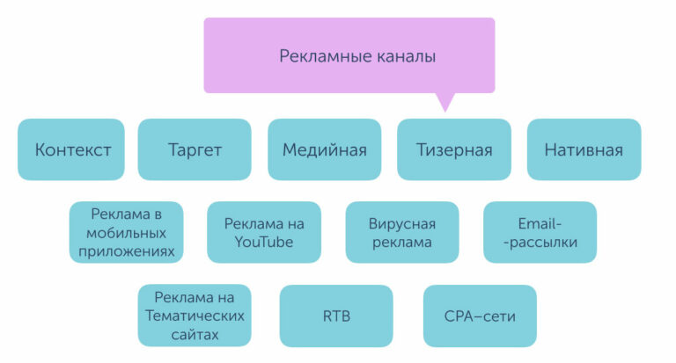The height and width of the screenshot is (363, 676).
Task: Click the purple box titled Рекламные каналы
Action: point(349,55)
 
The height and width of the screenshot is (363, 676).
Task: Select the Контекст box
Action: point(72,149)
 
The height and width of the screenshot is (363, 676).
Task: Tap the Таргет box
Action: point(195,149)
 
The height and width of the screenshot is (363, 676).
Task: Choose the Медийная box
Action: point(324,149)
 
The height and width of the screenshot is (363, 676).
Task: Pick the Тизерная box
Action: point(453,149)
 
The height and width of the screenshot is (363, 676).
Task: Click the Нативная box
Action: point(584,149)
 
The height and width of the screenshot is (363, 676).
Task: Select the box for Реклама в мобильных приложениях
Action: point(127,232)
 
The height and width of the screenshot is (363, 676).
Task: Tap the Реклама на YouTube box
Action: point(264,232)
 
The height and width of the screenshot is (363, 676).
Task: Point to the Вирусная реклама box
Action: point(402,232)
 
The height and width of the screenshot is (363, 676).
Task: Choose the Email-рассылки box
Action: point(540,232)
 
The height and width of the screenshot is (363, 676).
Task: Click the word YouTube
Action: point(264,242)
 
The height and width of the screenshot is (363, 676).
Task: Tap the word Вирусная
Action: point(402,223)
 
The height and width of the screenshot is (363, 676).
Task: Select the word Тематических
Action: point(195,316)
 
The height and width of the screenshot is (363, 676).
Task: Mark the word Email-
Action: point(540,223)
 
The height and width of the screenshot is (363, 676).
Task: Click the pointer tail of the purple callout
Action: point(446,103)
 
